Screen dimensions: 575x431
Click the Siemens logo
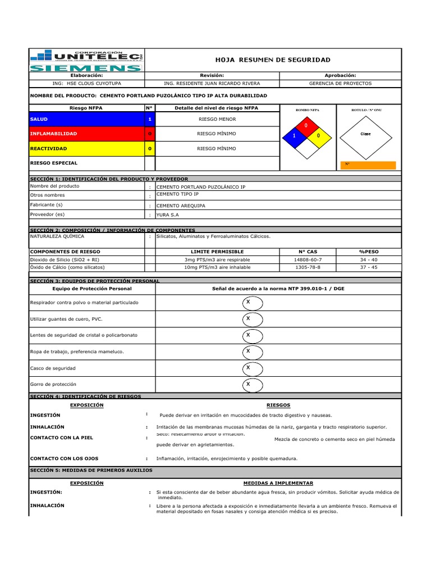[x=85, y=69]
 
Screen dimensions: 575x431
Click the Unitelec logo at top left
[x=85, y=55]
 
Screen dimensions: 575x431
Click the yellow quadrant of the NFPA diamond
[x=318, y=136]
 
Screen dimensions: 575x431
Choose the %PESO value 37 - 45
[x=369, y=268]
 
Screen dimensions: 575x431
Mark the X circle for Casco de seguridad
[x=247, y=368]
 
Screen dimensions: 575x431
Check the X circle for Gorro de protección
[x=247, y=384]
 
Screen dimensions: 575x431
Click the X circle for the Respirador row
[x=247, y=303]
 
